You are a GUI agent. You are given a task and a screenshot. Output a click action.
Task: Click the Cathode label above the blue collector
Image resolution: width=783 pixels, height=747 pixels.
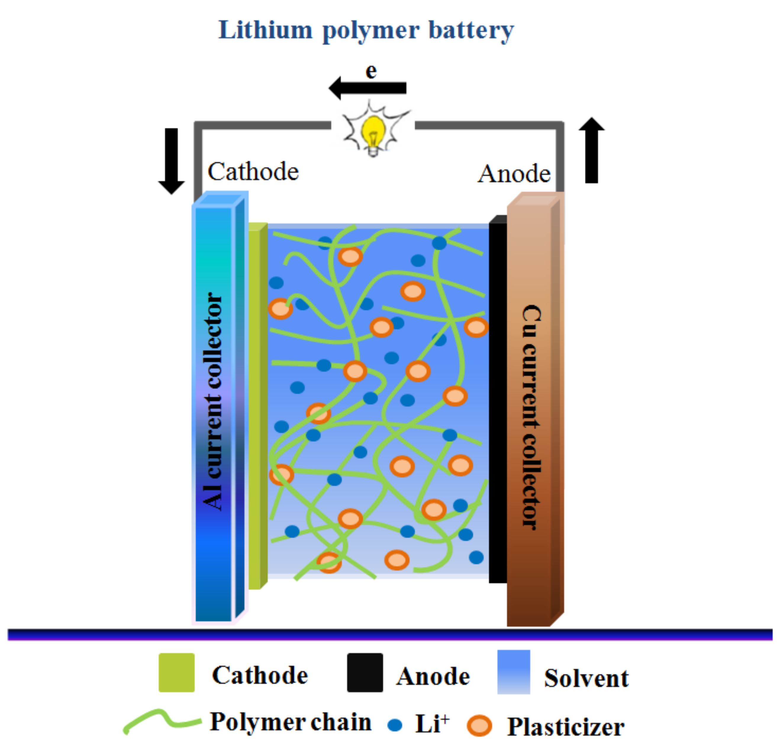click(x=253, y=172)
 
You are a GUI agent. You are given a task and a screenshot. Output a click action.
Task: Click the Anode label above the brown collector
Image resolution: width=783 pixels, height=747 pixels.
click(x=514, y=174)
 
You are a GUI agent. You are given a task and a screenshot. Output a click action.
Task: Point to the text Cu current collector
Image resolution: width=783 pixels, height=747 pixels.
click(x=531, y=418)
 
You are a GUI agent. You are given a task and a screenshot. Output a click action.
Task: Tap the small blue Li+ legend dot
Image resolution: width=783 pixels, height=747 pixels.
click(x=394, y=725)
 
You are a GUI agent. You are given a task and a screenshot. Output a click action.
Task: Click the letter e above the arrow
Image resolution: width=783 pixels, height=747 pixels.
click(x=371, y=72)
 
